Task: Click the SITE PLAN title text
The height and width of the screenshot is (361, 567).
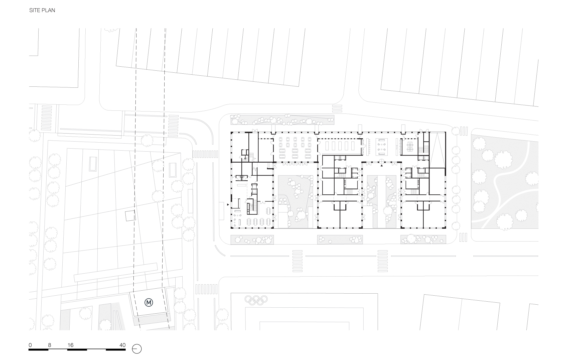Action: pos(42,10)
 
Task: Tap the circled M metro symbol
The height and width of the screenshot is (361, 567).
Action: pos(149,302)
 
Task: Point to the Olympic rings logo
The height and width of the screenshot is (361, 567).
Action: pos(256,299)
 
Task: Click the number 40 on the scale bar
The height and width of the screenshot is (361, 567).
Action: pos(122,345)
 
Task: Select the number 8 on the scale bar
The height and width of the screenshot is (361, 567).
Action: pos(50,345)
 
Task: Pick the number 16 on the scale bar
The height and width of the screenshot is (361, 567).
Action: pos(70,345)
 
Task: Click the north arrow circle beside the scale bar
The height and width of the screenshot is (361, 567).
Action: pos(137,349)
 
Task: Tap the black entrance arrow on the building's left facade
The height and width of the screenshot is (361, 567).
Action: pos(228,205)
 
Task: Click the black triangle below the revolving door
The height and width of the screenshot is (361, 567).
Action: pos(382,166)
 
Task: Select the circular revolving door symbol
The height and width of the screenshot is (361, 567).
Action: pos(382,161)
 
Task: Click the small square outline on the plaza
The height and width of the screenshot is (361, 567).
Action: pos(130,216)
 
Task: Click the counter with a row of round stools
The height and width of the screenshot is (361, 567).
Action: pos(368,147)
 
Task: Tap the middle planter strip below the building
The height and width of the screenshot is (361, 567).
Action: pos(340,239)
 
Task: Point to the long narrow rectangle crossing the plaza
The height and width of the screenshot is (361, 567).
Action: pos(116,272)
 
